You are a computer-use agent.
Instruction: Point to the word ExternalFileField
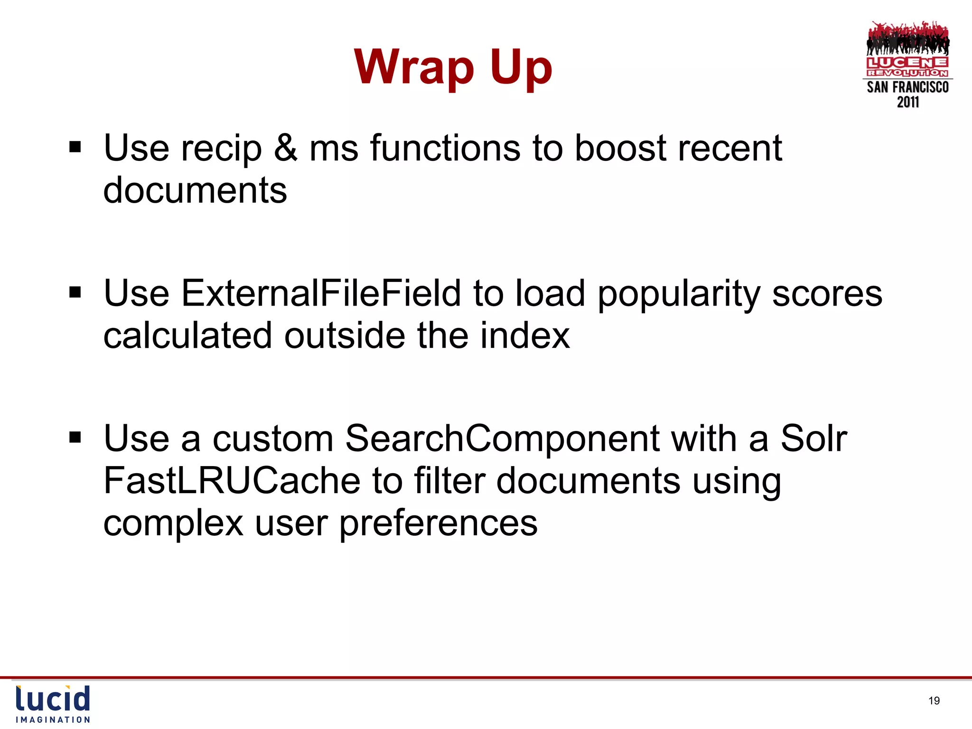(321, 293)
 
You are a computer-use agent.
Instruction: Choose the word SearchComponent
(502, 439)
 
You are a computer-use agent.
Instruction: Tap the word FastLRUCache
(232, 481)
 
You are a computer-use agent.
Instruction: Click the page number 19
(934, 701)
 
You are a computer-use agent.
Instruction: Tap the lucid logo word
(53, 699)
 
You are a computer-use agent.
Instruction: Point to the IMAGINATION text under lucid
(53, 720)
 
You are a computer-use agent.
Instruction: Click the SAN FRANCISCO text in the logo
(907, 87)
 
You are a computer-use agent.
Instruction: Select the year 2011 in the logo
(907, 102)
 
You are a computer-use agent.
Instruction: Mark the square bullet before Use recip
(75, 147)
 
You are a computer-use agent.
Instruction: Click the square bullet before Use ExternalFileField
(75, 292)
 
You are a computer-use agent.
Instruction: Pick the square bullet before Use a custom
(75, 437)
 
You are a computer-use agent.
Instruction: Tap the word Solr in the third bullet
(813, 439)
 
